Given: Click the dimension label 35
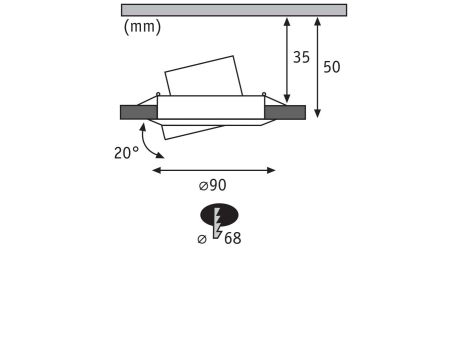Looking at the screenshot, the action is (x=301, y=57).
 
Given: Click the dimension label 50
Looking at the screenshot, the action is (x=332, y=67).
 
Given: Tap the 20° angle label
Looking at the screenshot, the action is (x=126, y=153).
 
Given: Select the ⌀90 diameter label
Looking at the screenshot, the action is (x=212, y=185).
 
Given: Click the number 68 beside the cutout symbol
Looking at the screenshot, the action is (x=232, y=238).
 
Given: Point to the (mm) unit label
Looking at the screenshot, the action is (x=142, y=27).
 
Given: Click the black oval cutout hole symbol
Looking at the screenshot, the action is (x=219, y=215).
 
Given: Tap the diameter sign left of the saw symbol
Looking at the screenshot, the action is (x=202, y=239).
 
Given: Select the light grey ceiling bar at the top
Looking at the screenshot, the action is (x=234, y=10).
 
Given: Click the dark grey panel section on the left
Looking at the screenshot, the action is (x=138, y=112).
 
